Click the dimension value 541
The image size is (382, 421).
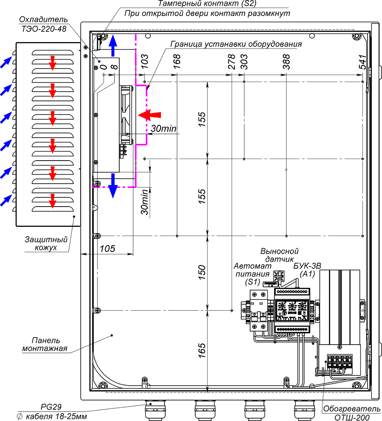pyautogui.click(x=362, y=62)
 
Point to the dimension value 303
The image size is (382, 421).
pyautogui.click(x=244, y=62)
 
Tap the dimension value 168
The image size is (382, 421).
pyautogui.click(x=177, y=62)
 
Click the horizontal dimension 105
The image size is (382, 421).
pyautogui.click(x=107, y=249)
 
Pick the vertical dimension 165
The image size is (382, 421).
pyautogui.click(x=202, y=350)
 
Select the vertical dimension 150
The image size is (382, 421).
pyautogui.click(x=202, y=272)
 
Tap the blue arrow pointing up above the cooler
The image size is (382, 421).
pyautogui.click(x=113, y=45)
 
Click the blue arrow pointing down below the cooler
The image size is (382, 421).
pyautogui.click(x=113, y=186)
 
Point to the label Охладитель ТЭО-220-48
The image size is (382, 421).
pyautogui.click(x=43, y=24)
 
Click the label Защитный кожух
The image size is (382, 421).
pyautogui.click(x=46, y=243)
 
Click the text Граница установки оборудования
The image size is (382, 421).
pyautogui.click(x=236, y=44)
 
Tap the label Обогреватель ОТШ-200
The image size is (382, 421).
pyautogui.click(x=352, y=413)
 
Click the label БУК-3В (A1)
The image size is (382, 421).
pyautogui.click(x=307, y=270)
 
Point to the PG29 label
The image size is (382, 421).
pyautogui.click(x=51, y=407)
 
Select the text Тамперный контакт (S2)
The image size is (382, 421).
pyautogui.click(x=207, y=4)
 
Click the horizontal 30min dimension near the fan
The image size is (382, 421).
pyautogui.click(x=163, y=129)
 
